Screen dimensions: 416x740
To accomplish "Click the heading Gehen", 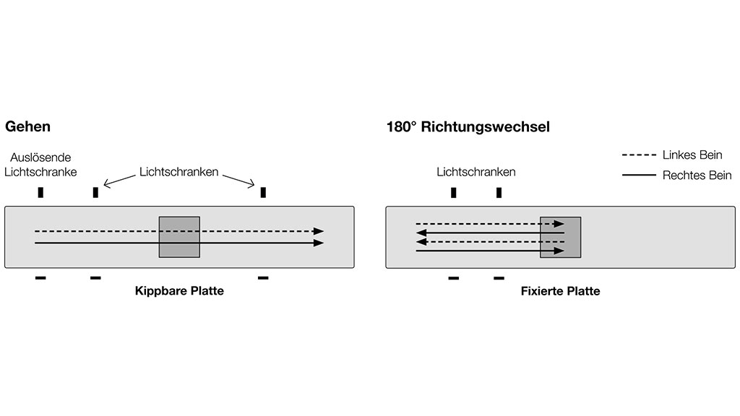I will [28, 126].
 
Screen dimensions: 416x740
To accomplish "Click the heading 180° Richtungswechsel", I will [468, 127].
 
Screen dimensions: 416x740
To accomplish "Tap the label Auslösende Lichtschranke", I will [40, 164].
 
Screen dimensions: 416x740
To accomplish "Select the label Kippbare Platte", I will [179, 292].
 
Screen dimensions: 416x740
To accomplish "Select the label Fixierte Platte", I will [560, 292].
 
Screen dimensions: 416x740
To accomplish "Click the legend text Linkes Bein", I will [692, 155].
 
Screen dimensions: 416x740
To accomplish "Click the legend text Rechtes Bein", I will [697, 175].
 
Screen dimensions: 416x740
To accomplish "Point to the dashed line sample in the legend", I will [637, 155].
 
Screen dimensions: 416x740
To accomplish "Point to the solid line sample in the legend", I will [637, 175].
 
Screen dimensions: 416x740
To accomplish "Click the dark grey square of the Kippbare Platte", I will [179, 236].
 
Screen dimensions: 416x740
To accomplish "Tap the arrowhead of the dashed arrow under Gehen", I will [319, 231].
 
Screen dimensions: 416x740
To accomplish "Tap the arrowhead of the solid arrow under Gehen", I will [319, 243].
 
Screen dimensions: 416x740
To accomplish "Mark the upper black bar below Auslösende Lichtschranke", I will [40, 192].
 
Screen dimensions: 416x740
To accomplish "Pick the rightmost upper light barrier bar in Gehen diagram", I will [263, 192].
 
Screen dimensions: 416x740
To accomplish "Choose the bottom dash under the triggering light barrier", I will [40, 278].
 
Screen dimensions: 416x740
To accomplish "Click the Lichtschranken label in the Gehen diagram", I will [178, 172].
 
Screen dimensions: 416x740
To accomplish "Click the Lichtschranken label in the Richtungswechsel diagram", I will [476, 172].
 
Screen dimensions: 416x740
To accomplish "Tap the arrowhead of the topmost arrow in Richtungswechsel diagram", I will [559, 224].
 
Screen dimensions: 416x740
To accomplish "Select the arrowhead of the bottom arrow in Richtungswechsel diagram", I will [559, 251].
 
